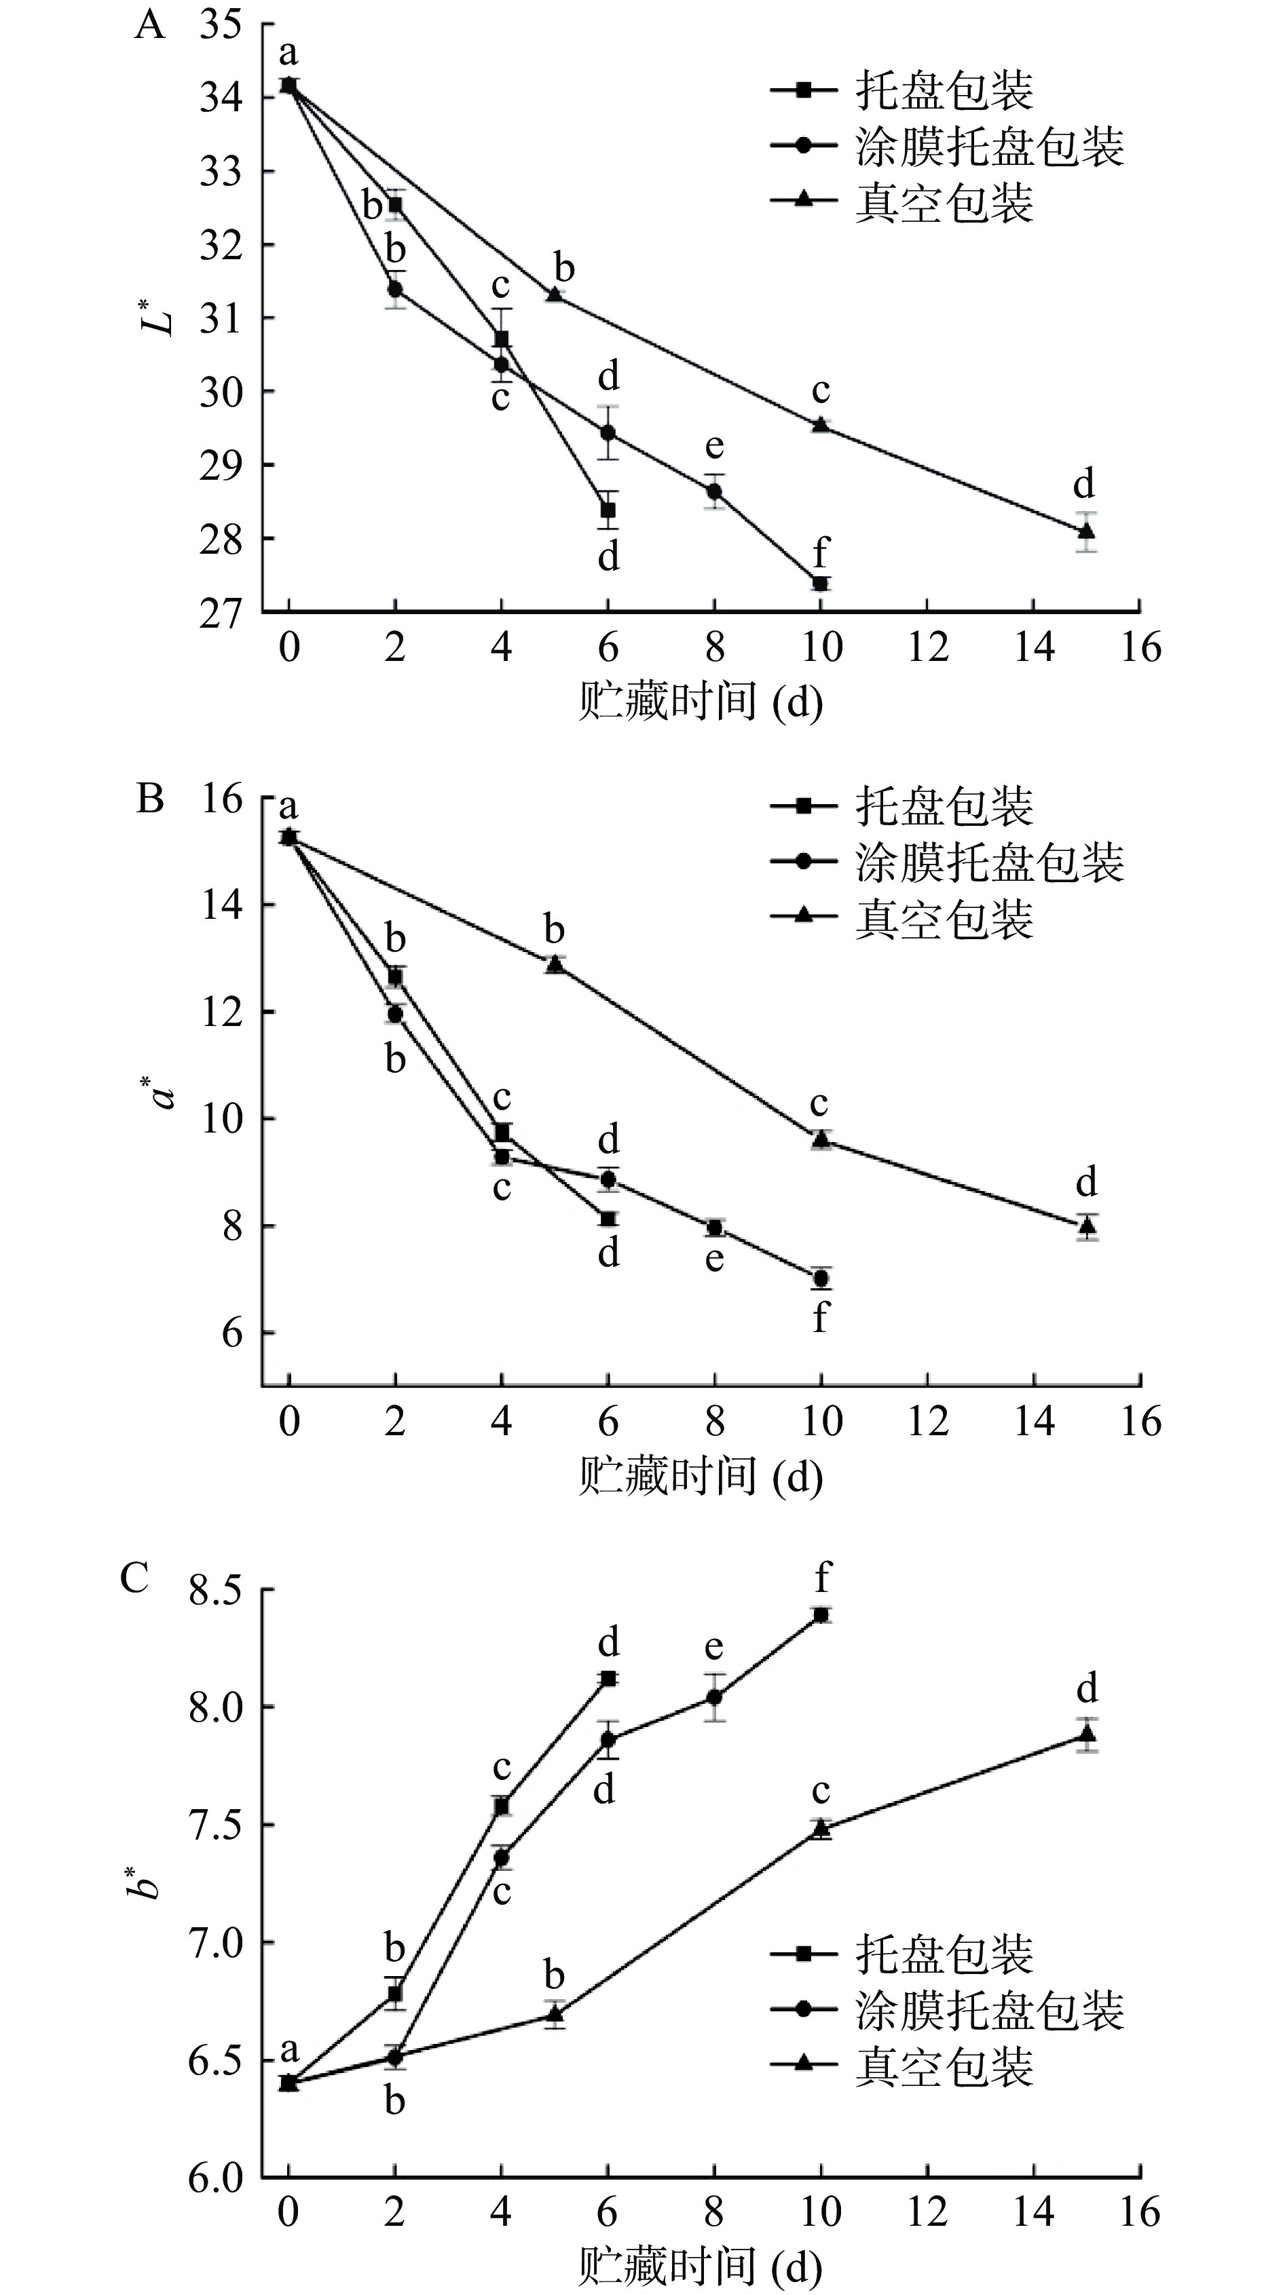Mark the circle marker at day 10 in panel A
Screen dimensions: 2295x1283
tap(821, 584)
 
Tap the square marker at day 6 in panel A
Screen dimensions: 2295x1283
tap(608, 510)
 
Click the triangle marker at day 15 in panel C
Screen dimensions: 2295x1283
tap(1086, 1734)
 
